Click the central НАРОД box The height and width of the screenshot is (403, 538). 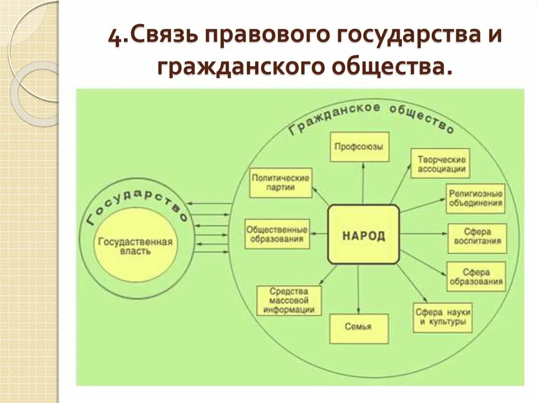[364, 234]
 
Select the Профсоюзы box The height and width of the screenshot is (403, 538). [360, 147]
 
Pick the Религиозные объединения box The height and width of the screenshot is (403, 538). [475, 198]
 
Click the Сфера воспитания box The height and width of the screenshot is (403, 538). [477, 238]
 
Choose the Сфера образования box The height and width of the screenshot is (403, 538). [477, 277]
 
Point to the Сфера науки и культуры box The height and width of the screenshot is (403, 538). [442, 317]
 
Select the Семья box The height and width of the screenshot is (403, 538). [358, 327]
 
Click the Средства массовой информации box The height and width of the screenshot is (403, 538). [288, 301]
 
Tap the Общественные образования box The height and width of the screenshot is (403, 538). [277, 234]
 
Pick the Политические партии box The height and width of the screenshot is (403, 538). [280, 182]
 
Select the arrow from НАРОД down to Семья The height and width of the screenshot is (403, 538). [358, 289]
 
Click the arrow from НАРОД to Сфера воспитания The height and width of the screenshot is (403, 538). [423, 234]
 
